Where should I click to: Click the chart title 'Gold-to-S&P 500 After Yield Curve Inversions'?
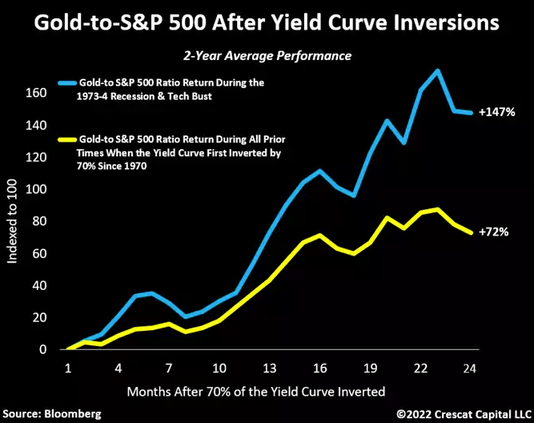267,23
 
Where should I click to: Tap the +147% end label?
498,113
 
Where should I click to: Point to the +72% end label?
495,232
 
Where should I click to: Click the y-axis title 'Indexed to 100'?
14,221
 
